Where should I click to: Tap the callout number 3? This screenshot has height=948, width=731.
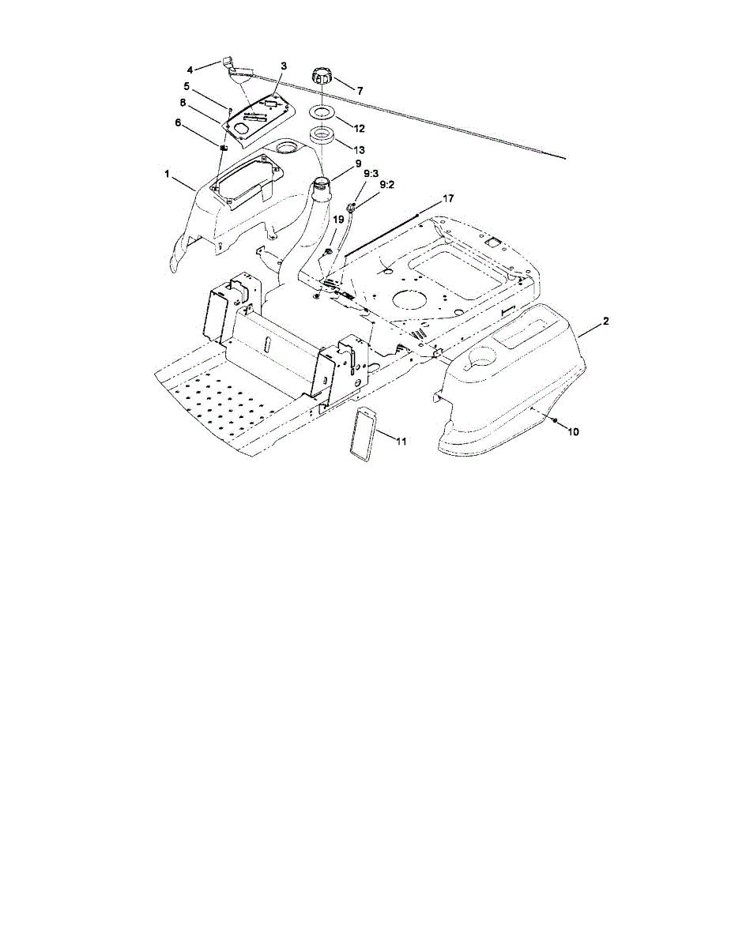click(x=284, y=65)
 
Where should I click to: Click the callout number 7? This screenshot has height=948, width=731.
click(x=360, y=92)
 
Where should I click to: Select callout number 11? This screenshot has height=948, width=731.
click(x=402, y=441)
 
